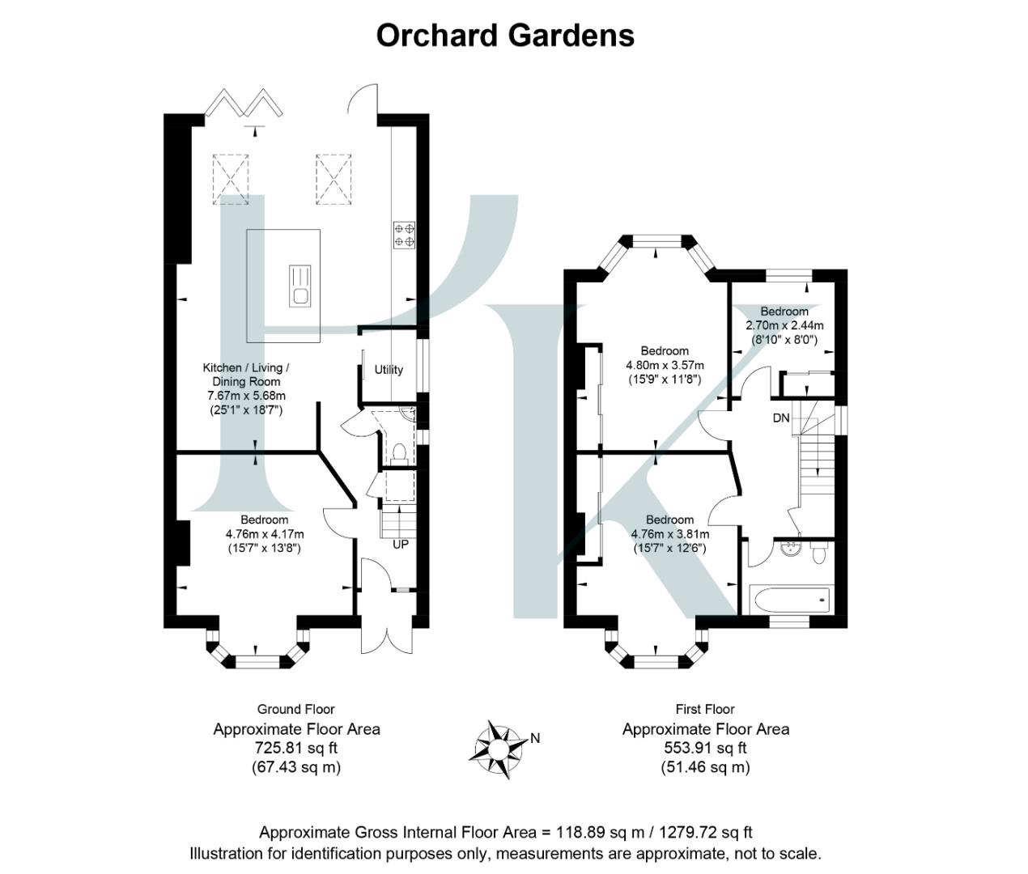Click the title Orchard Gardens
(x=505, y=36)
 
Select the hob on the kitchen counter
(x=405, y=234)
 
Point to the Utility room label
(x=389, y=370)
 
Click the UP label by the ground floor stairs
(x=401, y=545)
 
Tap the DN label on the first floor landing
(x=781, y=418)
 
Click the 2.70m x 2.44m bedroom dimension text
(x=784, y=326)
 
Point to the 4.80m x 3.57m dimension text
(x=665, y=365)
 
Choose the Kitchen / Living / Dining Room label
(x=246, y=375)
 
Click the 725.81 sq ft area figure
(x=296, y=749)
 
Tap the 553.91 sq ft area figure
(x=705, y=749)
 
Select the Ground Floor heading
(x=295, y=710)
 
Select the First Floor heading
(x=705, y=710)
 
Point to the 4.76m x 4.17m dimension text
(x=265, y=534)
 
